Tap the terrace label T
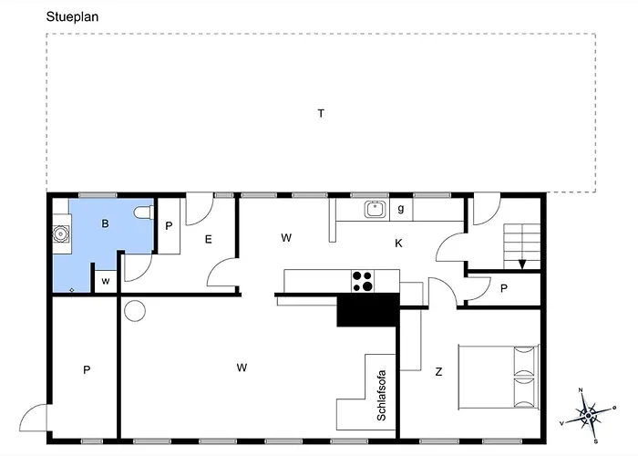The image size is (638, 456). pyautogui.click(x=321, y=113)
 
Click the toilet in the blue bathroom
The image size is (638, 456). pyautogui.click(x=142, y=212)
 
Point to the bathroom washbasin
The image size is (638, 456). pyautogui.click(x=60, y=233)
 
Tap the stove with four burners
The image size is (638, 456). pyautogui.click(x=362, y=281)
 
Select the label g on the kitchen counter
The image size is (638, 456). pyautogui.click(x=400, y=209)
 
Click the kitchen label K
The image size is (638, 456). pyautogui.click(x=398, y=244)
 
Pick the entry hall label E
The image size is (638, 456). pyautogui.click(x=208, y=239)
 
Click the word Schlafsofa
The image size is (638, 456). pyautogui.click(x=382, y=394)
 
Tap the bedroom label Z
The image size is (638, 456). pyautogui.click(x=438, y=371)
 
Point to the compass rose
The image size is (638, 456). pyautogui.click(x=588, y=416)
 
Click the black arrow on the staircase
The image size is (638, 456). pyautogui.click(x=522, y=264)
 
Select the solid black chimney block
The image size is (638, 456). pyautogui.click(x=366, y=310)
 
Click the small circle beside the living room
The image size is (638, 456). pyautogui.click(x=135, y=311)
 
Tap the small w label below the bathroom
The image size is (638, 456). pyautogui.click(x=106, y=281)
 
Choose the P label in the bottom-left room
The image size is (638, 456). pyautogui.click(x=87, y=369)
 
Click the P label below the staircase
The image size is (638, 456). pyautogui.click(x=504, y=288)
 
